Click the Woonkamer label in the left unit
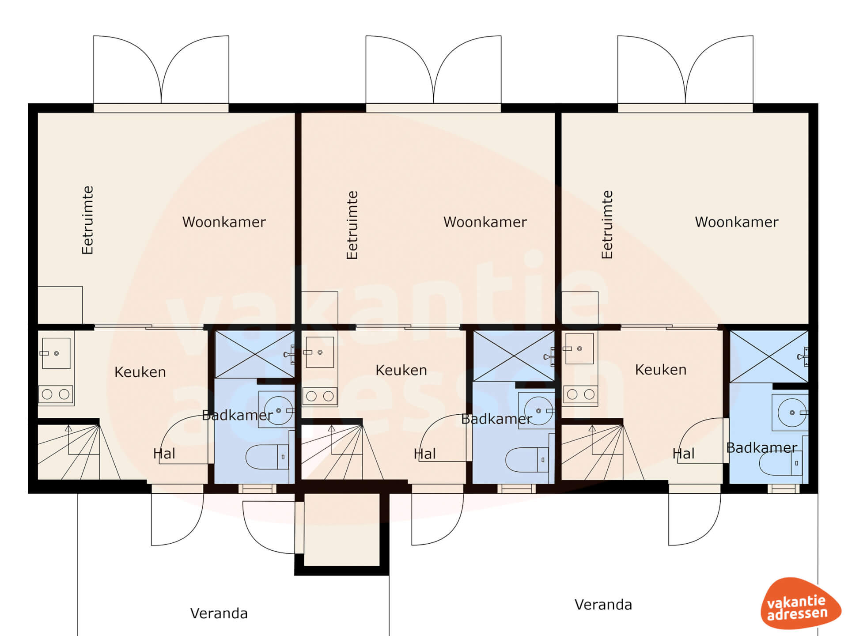(x=224, y=222)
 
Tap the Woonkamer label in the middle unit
(x=485, y=222)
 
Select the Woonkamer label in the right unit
(x=737, y=222)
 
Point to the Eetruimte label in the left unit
(x=88, y=220)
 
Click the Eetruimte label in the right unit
(x=607, y=224)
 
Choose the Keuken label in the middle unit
(x=401, y=370)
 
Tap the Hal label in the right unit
(x=683, y=454)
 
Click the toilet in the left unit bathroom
(x=267, y=457)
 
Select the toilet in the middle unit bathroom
(x=527, y=460)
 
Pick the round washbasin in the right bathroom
(x=792, y=413)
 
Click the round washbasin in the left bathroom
(x=278, y=410)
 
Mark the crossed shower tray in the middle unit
(x=514, y=356)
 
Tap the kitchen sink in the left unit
(x=56, y=353)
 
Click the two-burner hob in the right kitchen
(x=580, y=394)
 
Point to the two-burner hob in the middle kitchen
(x=320, y=396)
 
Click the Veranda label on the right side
(x=603, y=605)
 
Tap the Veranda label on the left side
(x=219, y=613)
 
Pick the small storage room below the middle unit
(x=342, y=530)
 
